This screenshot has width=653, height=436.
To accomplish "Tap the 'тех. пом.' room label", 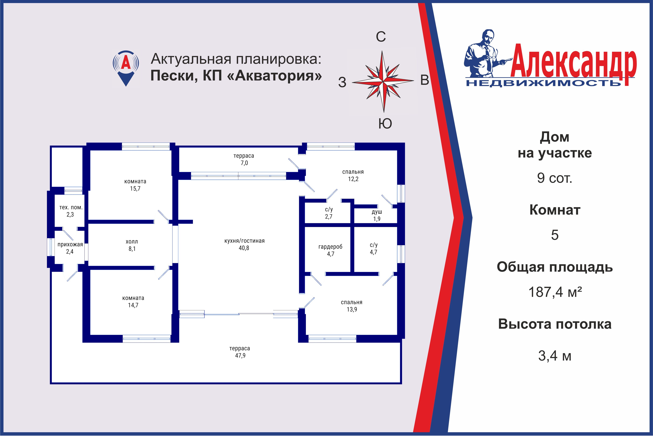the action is click(71, 207).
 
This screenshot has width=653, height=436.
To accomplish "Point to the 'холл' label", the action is click(132, 242).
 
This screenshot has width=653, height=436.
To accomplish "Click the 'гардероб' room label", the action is click(330, 247).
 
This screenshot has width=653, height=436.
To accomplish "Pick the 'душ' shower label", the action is click(377, 212).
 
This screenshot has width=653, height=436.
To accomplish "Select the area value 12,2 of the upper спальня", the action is click(353, 179).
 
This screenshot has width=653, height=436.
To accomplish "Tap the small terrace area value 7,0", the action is click(244, 163).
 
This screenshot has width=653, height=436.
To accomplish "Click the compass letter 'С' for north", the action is click(381, 37).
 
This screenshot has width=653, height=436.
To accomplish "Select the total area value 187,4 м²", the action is click(555, 292).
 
